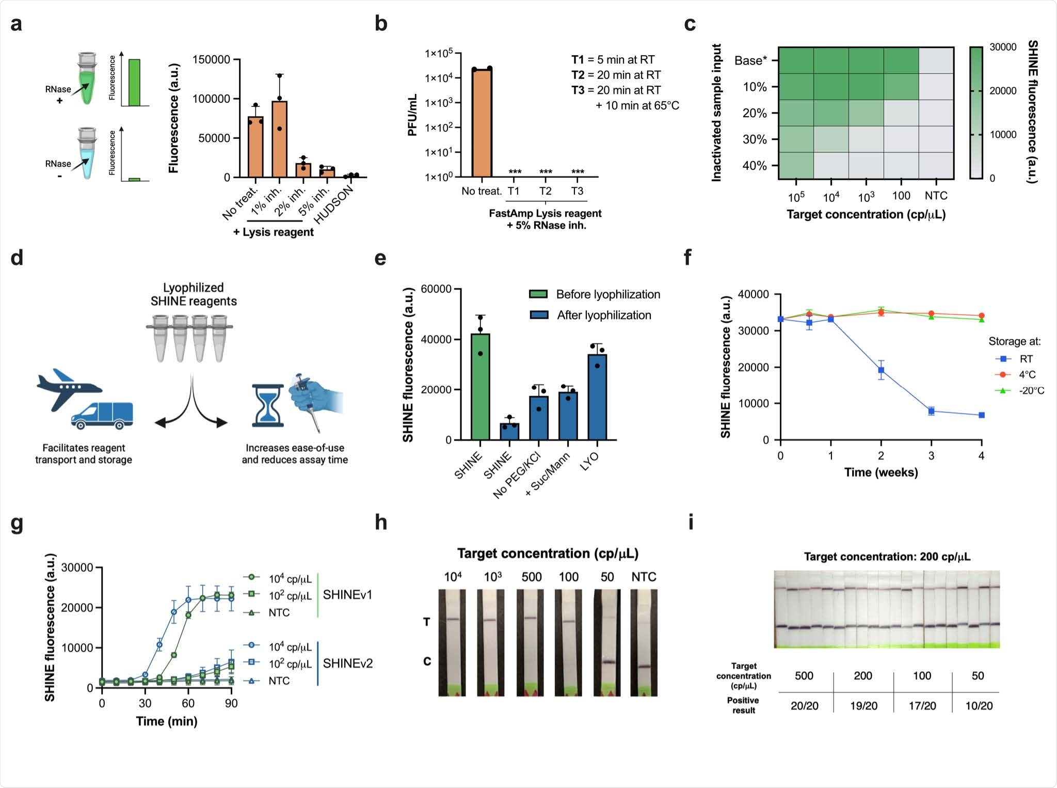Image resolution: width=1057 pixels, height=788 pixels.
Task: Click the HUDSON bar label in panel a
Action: (x=334, y=204)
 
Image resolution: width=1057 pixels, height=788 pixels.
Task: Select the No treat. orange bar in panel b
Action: (x=482, y=124)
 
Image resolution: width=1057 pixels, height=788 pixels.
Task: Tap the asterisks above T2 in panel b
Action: (x=546, y=172)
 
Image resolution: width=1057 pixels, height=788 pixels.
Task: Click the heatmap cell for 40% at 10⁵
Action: (x=796, y=166)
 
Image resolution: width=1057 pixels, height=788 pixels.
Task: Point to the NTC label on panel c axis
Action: (x=936, y=196)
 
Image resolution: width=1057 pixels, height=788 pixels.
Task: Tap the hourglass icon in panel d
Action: (x=268, y=405)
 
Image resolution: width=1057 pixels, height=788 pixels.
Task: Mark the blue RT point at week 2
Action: (x=881, y=370)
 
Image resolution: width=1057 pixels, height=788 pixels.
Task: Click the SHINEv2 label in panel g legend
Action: (x=347, y=663)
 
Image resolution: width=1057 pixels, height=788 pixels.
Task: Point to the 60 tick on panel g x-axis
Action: (x=188, y=703)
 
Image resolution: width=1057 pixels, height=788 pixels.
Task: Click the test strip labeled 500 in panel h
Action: (x=530, y=643)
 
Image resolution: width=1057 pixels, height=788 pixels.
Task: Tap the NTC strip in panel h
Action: (x=644, y=643)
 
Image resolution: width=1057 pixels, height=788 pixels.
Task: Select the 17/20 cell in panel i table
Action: (x=922, y=705)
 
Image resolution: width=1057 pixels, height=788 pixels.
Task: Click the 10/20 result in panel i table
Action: (x=979, y=705)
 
